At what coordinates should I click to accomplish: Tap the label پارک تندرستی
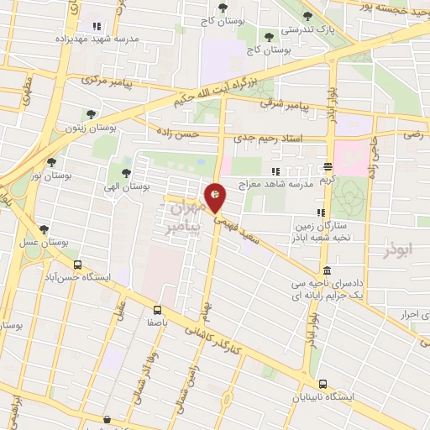coord(307,30)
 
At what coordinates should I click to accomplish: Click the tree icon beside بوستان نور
coord(51,162)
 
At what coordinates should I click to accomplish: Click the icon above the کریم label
coord(328,165)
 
